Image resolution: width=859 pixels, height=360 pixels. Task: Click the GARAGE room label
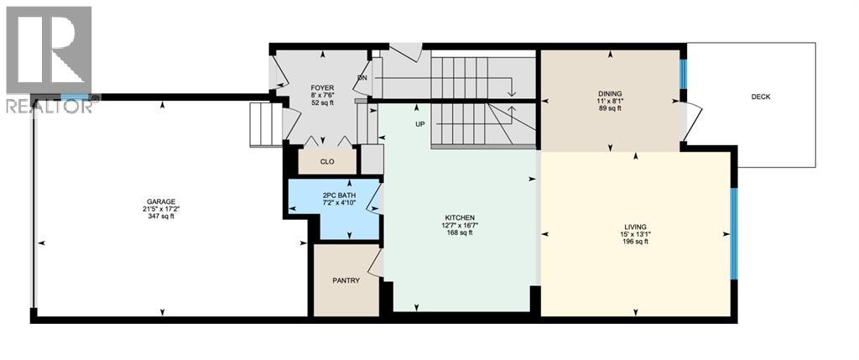(x=161, y=201)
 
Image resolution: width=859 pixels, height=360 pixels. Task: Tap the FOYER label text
(x=322, y=87)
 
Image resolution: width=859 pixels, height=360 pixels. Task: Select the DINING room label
(x=610, y=93)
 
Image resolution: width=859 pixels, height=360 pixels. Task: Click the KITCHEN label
(x=460, y=217)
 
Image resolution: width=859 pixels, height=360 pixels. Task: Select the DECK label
(x=760, y=97)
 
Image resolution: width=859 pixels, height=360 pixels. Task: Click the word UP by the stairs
(x=420, y=124)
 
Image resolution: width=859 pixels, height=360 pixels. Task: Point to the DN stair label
(x=362, y=79)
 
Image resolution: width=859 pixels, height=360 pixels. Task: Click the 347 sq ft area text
(x=161, y=217)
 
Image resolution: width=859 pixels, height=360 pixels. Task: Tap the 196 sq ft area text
(x=635, y=242)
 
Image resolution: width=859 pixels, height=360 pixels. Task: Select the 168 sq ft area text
(x=460, y=233)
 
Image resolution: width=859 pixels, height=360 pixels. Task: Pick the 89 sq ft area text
(x=610, y=109)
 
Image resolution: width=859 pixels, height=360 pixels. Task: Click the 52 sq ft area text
(x=322, y=103)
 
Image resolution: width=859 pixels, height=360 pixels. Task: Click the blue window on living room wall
(x=734, y=233)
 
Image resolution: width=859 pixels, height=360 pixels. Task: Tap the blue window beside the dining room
(x=683, y=74)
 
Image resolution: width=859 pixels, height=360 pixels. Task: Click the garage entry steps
(x=263, y=125)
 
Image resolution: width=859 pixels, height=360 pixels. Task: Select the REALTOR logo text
(x=47, y=107)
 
